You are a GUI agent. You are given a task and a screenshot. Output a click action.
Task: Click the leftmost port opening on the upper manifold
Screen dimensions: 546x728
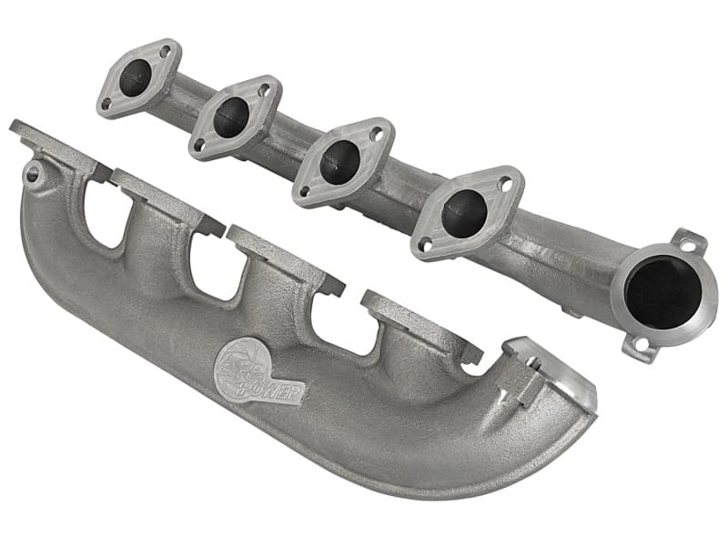coord(137,77)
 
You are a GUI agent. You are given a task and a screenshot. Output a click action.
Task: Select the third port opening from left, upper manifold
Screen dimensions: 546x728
coord(339,162)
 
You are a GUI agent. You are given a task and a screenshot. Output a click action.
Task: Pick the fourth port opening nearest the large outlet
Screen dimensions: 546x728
coord(464,213)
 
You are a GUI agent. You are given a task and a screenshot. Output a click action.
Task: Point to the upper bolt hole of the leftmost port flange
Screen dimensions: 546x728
coord(165,53)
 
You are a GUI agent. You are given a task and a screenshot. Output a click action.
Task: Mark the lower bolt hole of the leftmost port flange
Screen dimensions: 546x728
coord(108,103)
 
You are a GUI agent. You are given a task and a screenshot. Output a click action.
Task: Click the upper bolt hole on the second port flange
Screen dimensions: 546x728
coord(263,91)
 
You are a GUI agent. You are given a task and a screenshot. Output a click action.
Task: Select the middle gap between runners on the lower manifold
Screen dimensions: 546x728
coord(212,269)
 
